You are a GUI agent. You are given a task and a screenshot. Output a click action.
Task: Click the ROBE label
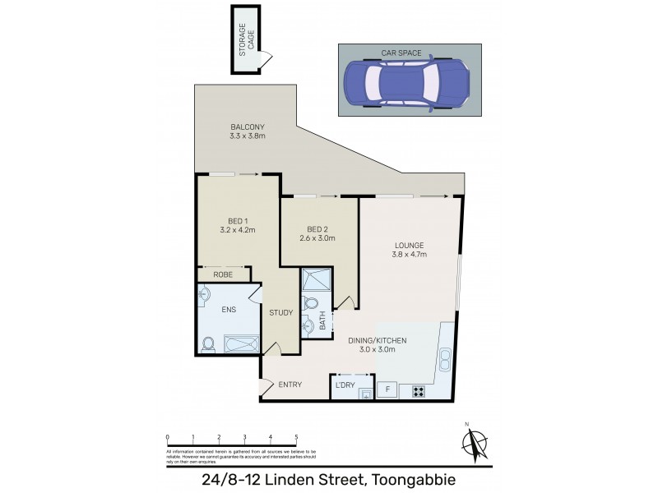coord(223,274)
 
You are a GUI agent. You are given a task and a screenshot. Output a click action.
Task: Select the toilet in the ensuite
coord(208,345)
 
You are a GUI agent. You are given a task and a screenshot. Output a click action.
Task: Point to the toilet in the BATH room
coord(310,306)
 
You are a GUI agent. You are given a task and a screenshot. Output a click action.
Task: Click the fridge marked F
coord(387,389)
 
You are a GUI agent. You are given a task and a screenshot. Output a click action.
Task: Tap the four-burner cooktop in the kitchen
coord(418,390)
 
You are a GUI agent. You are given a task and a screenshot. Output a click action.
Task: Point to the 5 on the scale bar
coord(296,438)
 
